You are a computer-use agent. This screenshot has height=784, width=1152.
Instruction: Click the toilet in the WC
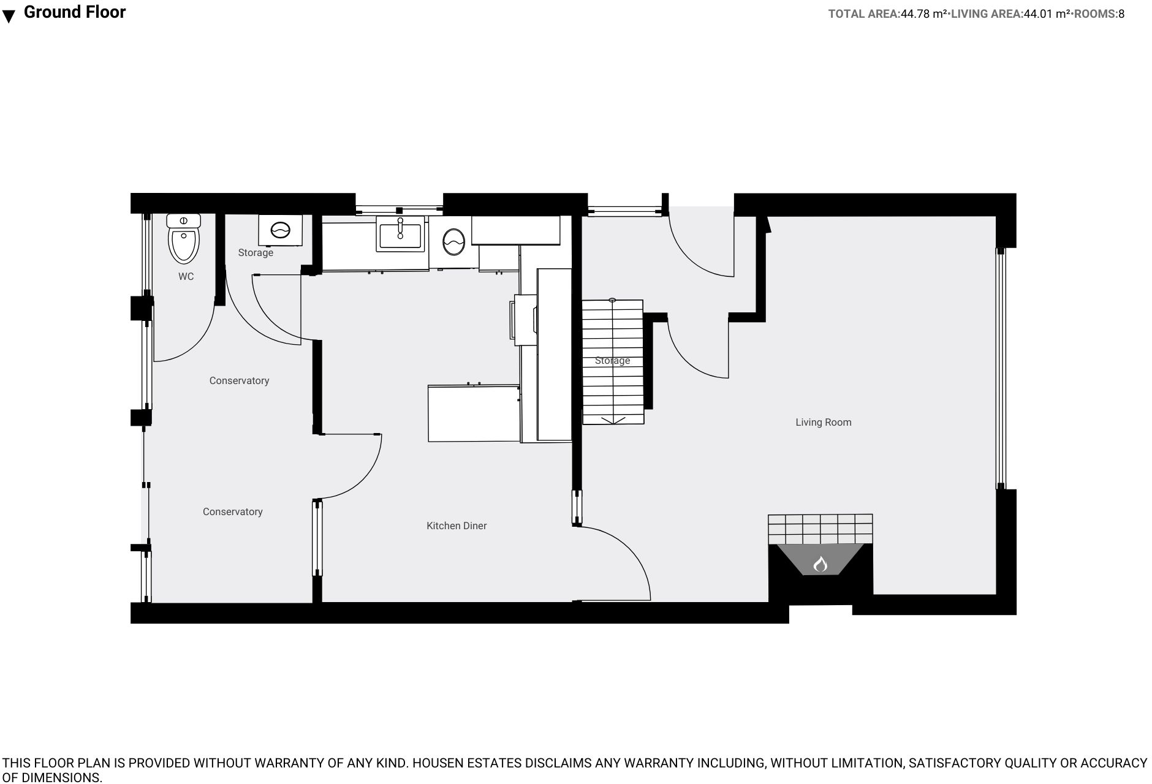[x=184, y=240]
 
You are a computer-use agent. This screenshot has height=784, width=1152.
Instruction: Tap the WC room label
[x=186, y=277]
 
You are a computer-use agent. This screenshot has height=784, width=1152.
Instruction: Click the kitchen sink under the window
[x=400, y=235]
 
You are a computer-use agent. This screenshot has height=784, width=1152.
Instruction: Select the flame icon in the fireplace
[x=820, y=563]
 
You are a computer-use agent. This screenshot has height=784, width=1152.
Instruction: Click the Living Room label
[x=823, y=422]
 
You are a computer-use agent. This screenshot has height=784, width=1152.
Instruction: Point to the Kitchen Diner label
[x=457, y=526]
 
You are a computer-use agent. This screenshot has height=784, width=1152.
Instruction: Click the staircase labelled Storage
[x=612, y=361]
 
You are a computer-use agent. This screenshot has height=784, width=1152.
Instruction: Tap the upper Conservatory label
[x=239, y=380]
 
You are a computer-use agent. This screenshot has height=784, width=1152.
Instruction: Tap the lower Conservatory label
[x=232, y=511]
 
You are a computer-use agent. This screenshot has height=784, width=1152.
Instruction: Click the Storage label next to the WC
[x=256, y=252]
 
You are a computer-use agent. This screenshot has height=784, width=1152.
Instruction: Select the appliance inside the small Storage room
[x=280, y=230]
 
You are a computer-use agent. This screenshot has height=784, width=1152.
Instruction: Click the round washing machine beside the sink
[x=453, y=242]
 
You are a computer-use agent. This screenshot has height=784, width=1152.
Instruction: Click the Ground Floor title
[x=75, y=12]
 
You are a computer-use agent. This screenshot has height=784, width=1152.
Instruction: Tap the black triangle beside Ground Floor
[x=9, y=17]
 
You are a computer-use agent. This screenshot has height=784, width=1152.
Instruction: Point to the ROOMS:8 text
[x=1099, y=14]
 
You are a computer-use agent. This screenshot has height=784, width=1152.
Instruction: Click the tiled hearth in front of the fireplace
[x=820, y=528]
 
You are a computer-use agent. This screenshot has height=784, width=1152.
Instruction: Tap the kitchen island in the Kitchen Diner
[x=473, y=413]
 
